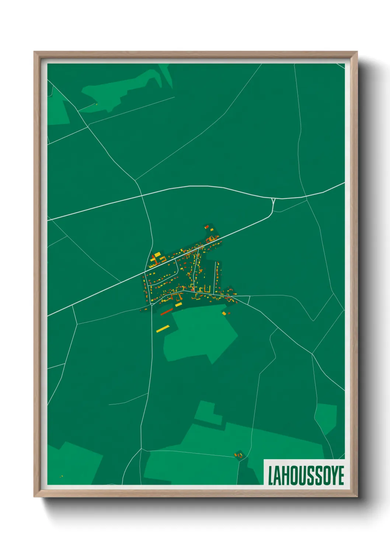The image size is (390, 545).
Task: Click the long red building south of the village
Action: (x=167, y=312)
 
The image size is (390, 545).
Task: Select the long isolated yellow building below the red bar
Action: (x=163, y=328)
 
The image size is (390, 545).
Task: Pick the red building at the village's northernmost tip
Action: (x=207, y=226)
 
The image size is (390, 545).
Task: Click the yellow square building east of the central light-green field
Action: (x=224, y=313)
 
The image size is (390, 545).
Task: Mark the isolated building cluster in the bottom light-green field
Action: (x=239, y=456)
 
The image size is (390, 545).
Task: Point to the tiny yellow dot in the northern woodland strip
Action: (x=97, y=104)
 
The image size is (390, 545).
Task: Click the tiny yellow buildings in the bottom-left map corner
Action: (x=62, y=477)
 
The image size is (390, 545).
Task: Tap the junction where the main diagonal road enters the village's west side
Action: (x=144, y=272)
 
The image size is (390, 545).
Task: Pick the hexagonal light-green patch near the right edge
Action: (x=326, y=418)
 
